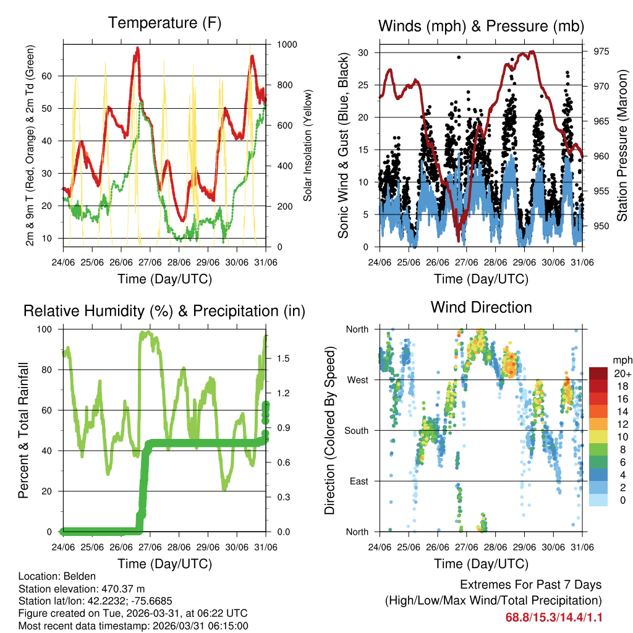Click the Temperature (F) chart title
point(164,23)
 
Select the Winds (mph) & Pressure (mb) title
point(481,26)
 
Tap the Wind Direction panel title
point(481,307)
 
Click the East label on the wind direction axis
point(358,481)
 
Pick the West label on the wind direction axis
point(357,380)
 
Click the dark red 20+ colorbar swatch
point(598,373)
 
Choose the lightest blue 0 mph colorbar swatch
point(598,499)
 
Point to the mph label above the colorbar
point(621,360)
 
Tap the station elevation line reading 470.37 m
point(82,588)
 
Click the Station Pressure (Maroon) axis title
point(622,136)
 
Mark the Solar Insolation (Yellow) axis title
point(307,145)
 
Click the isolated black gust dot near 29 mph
point(459,57)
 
